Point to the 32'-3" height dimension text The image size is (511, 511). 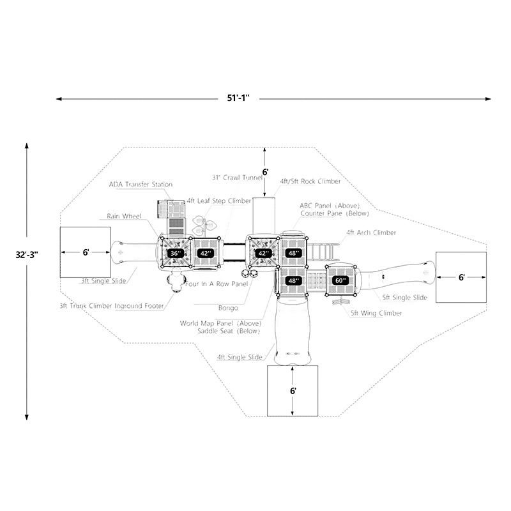[x=27, y=254]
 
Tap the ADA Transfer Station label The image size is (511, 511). [x=141, y=185]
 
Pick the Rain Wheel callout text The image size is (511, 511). [x=123, y=217]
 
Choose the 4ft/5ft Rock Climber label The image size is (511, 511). [x=310, y=181]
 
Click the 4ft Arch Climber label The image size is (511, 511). [x=371, y=233]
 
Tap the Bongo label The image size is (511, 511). [x=228, y=307]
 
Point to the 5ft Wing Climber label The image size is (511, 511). [x=376, y=313]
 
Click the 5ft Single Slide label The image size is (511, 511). [x=405, y=298]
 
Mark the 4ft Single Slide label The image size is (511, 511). [x=240, y=357]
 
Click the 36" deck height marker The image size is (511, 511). [x=175, y=254]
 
